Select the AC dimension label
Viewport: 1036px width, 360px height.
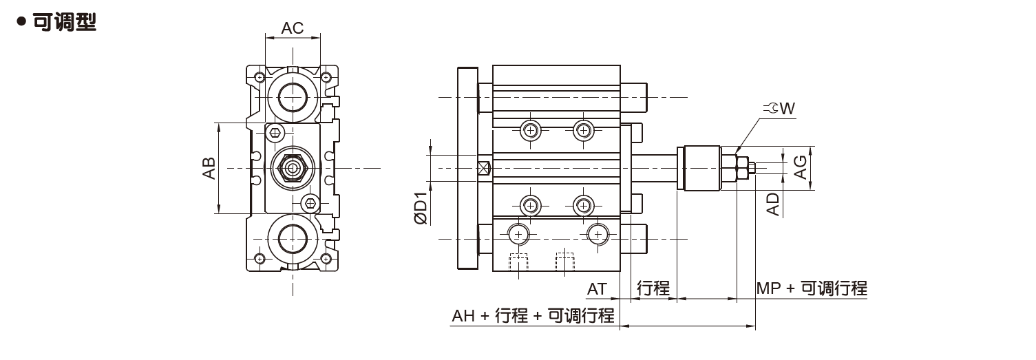pos(293,28)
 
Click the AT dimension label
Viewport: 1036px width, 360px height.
pos(597,288)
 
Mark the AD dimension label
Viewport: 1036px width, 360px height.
pos(774,204)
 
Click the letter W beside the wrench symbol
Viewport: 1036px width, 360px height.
pos(788,108)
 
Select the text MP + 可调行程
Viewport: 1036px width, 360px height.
pos(812,288)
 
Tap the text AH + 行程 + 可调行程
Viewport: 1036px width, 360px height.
pos(533,316)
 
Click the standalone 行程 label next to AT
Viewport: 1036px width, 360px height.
pos(653,288)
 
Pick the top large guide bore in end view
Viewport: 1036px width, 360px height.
pos(293,94)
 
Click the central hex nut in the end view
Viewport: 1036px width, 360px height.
pos(293,167)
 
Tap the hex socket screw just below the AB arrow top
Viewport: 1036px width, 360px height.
pos(275,132)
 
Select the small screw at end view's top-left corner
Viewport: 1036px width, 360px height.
pos(260,76)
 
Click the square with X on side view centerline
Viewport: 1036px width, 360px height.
pos(484,167)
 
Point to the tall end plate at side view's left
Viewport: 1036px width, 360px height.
pos(467,167)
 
